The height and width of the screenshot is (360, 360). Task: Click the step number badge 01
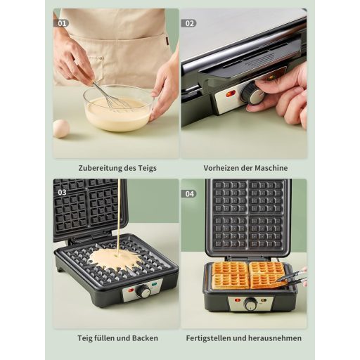point(61,23)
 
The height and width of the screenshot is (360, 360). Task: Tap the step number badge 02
point(189,23)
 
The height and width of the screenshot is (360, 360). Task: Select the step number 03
point(62,193)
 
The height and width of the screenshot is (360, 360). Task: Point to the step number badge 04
point(189,194)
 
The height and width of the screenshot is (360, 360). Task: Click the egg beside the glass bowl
point(61,129)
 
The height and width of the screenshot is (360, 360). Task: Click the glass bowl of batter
point(119,108)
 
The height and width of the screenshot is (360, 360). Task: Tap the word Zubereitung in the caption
point(98,168)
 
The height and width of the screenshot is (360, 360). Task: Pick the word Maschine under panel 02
point(271,168)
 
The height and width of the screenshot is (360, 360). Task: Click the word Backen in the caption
point(145,338)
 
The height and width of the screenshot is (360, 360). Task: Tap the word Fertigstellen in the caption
point(209,338)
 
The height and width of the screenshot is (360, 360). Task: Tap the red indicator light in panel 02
point(230,94)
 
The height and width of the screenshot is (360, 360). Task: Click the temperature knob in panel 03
point(143,291)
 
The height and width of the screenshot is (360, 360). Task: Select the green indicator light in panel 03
point(154,285)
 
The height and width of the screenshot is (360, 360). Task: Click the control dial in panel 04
point(250,304)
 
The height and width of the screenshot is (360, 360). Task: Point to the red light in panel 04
point(238,300)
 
